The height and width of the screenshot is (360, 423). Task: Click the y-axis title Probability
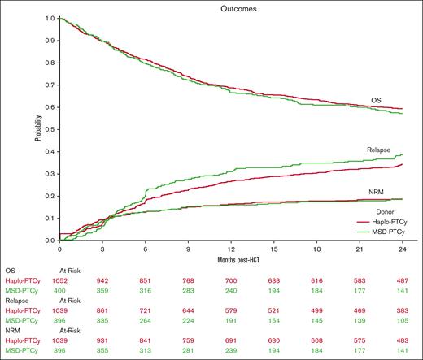[x=38, y=128]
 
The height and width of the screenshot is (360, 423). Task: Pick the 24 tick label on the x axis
[x=402, y=249]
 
